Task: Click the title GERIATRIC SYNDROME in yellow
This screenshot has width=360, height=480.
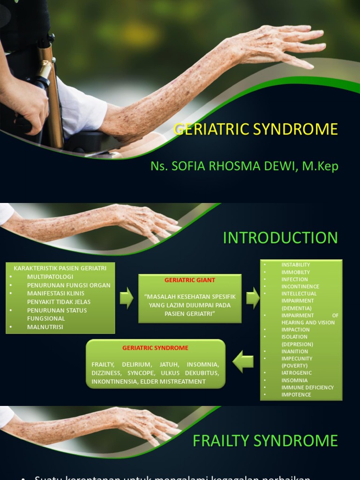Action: pyautogui.click(x=255, y=129)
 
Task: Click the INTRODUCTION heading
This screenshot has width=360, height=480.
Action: pyautogui.click(x=280, y=238)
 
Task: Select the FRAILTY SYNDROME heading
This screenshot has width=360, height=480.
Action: pyautogui.click(x=265, y=441)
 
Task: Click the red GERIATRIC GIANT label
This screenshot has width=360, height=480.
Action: pyautogui.click(x=190, y=280)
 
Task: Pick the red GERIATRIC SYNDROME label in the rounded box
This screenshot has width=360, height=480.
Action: pyautogui.click(x=155, y=348)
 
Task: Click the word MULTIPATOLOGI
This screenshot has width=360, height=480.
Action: pyautogui.click(x=50, y=277)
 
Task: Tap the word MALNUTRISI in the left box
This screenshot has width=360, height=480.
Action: pyautogui.click(x=45, y=327)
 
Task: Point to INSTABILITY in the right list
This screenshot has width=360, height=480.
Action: pyautogui.click(x=296, y=265)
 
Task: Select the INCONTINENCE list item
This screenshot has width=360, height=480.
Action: pyautogui.click(x=300, y=286)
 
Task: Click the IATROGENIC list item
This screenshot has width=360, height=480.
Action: pyautogui.click(x=296, y=373)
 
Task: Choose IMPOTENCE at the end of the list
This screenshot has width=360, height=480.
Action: pyautogui.click(x=296, y=394)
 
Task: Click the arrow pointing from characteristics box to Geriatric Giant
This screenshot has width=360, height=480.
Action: pyautogui.click(x=127, y=298)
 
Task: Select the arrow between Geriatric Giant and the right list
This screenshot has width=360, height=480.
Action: pyautogui.click(x=253, y=298)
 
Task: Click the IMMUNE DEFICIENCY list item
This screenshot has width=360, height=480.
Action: pyautogui.click(x=307, y=387)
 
